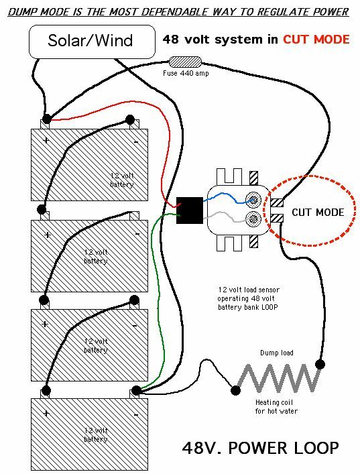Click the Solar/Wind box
tap(90, 40)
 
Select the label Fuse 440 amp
tap(186, 73)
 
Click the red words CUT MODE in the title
tap(316, 40)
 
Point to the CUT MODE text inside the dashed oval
tap(317, 213)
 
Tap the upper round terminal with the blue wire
tap(254, 199)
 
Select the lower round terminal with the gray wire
tap(254, 218)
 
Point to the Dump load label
tap(276, 353)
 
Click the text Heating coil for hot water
tap(276, 407)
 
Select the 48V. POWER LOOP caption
tap(261, 447)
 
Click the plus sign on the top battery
tap(46, 141)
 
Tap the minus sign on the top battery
tap(135, 141)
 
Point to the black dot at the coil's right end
tap(320, 365)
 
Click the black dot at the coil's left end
tap(235, 388)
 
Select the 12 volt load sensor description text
tap(248, 298)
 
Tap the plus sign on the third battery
tap(45, 324)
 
